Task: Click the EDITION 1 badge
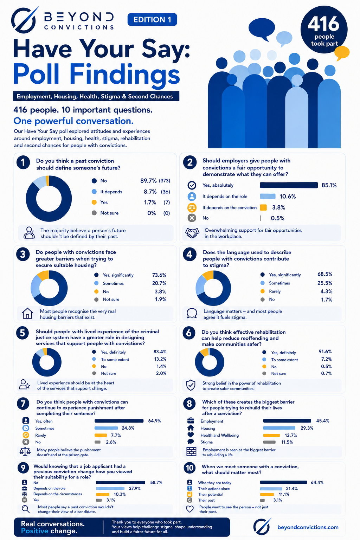click(152, 20)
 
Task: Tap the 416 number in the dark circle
click(323, 24)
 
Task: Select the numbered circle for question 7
click(23, 404)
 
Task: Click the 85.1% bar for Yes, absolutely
click(289, 185)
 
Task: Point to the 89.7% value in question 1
click(148, 181)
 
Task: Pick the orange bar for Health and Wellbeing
click(271, 435)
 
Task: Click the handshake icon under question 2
click(192, 233)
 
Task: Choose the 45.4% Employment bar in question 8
click(287, 421)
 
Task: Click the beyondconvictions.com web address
click(308, 527)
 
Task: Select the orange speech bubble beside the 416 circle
click(342, 53)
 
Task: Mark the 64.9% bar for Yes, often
click(119, 421)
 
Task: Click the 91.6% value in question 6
click(325, 352)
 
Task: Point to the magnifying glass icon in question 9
click(26, 509)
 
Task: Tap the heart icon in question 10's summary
click(190, 509)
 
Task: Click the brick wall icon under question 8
click(192, 452)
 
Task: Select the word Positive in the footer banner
click(34, 531)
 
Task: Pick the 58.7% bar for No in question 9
click(120, 482)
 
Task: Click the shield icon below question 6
click(191, 385)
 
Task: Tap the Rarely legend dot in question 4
click(263, 291)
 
